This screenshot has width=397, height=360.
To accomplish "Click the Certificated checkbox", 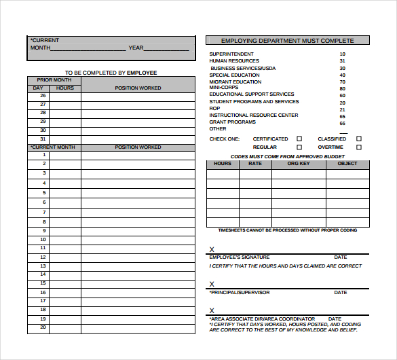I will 299,139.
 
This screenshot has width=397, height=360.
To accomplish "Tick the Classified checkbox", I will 359,139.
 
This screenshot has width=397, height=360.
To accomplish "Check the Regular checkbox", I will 299,147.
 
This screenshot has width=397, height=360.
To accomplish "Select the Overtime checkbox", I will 359,147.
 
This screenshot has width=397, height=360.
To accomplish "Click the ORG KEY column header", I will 299,164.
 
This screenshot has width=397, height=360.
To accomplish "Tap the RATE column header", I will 255,164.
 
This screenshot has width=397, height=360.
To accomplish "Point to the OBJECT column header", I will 347,164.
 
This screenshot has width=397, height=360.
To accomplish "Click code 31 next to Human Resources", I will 343,61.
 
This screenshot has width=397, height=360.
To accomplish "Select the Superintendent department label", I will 231,54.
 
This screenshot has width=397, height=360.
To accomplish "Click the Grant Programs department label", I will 233,122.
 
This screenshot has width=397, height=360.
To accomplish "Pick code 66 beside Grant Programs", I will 343,124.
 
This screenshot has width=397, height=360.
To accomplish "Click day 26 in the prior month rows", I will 43,96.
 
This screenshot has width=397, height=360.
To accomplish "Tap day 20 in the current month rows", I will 43,327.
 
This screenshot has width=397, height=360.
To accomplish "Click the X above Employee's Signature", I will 212,250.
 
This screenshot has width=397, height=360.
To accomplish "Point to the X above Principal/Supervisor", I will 212,285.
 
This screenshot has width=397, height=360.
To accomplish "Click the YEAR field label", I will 136,48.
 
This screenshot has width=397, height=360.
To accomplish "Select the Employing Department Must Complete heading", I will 288,41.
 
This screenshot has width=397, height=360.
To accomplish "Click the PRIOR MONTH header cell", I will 54,80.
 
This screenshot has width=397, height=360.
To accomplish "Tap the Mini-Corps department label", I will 223,88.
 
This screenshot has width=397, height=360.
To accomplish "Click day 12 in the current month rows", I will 43,257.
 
